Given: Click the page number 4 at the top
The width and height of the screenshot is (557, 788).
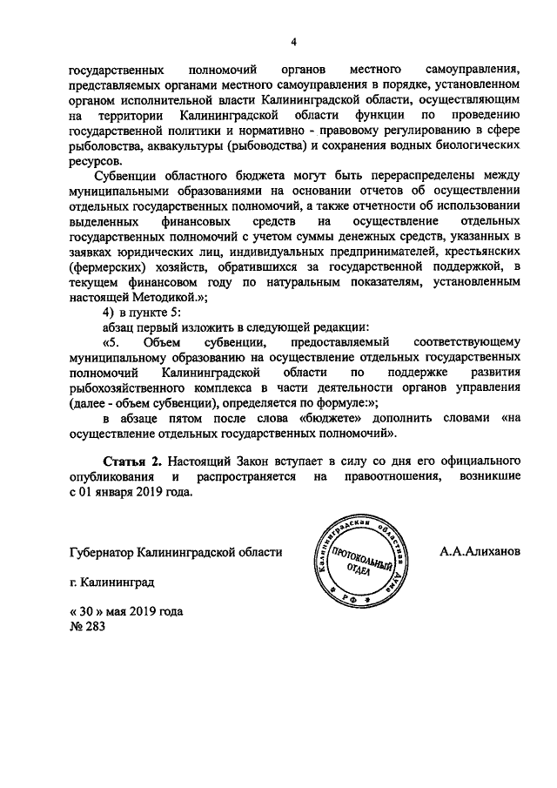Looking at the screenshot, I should pos(294,41).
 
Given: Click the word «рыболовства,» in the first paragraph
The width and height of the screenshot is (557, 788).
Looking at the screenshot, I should pos(102,145).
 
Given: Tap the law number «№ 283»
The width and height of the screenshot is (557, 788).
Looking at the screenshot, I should pos(87,626).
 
